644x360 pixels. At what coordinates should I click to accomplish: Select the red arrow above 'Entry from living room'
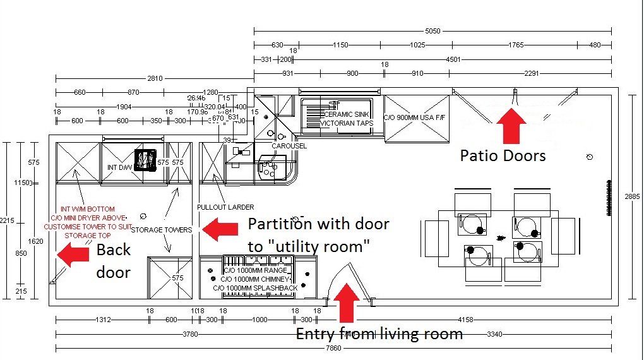pos(345,304)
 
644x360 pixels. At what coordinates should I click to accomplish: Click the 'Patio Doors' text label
pos(503,155)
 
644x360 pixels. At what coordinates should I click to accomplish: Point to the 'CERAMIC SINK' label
pos(347,114)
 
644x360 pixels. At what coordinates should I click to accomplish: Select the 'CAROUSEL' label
pos(289,146)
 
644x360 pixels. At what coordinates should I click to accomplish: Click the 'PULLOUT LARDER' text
pos(225,207)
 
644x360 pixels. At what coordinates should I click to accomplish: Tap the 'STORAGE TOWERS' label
pos(161,230)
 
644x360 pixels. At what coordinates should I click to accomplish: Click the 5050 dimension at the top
pos(432,30)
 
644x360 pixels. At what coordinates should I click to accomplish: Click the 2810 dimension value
pos(155,78)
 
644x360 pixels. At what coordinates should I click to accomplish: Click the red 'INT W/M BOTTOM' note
pos(87,209)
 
